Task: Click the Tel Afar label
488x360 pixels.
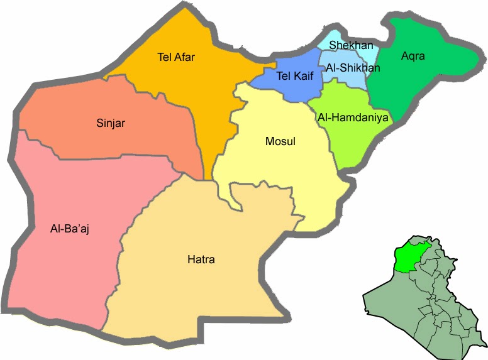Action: tap(176, 58)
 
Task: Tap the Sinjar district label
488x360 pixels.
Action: tap(111, 123)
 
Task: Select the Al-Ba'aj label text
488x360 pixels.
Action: tap(70, 229)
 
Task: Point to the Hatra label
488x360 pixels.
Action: tap(201, 258)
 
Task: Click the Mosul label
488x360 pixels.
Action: tap(280, 142)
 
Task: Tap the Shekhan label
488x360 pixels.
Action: tap(352, 45)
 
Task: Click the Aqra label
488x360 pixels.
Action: tap(413, 57)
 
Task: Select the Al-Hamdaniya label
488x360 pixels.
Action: tap(354, 117)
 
